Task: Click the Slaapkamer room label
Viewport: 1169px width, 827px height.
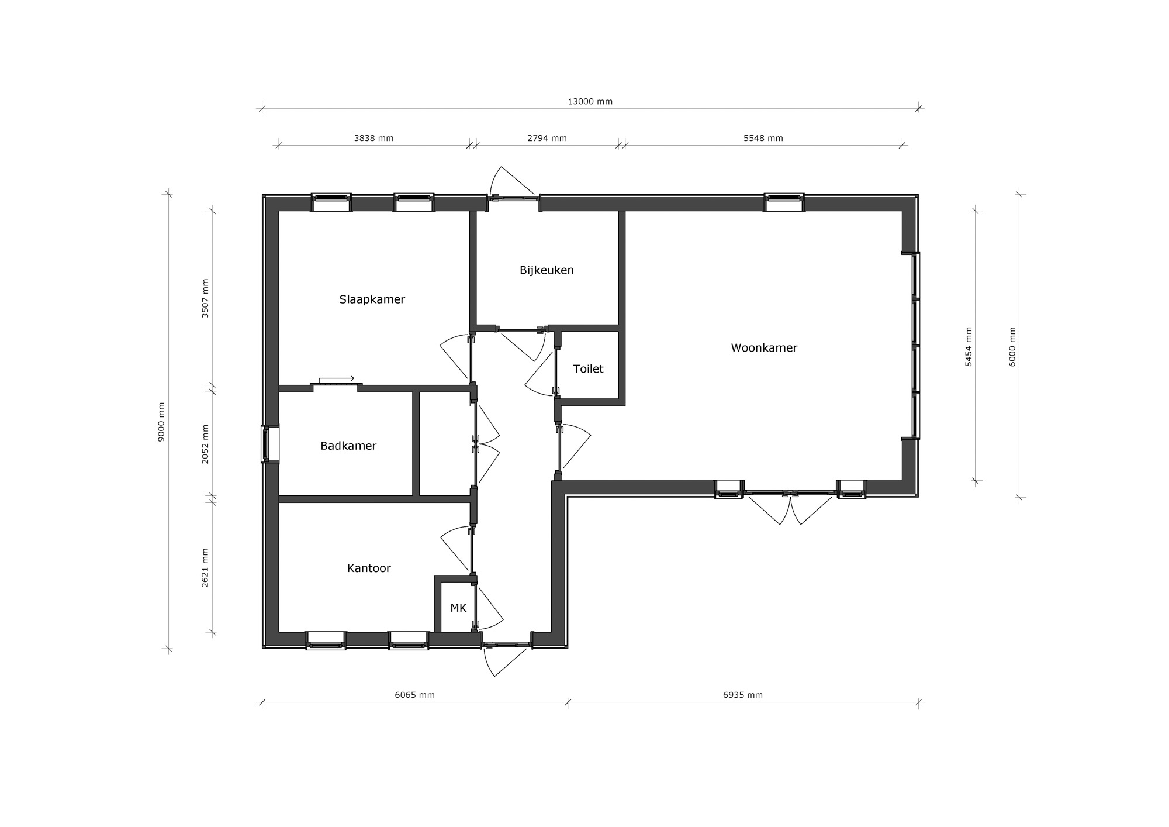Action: [x=372, y=299]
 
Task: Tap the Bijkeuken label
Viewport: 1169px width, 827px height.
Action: [x=547, y=270]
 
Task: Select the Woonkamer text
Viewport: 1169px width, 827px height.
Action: [x=764, y=348]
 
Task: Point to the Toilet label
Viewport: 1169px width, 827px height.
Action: [x=588, y=369]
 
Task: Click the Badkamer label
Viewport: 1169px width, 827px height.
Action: [x=348, y=446]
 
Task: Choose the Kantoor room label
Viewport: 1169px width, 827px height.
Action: [x=369, y=568]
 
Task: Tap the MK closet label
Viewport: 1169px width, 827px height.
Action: [x=458, y=608]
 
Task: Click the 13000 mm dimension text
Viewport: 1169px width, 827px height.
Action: [x=590, y=102]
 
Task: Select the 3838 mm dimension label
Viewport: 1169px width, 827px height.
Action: [x=373, y=139]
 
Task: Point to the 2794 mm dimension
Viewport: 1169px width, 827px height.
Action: [x=547, y=139]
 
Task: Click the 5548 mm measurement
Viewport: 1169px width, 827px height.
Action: [x=763, y=139]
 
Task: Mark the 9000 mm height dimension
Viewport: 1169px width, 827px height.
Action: [x=162, y=422]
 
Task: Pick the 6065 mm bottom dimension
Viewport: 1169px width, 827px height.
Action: [x=414, y=695]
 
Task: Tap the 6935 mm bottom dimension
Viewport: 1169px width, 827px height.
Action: [x=742, y=695]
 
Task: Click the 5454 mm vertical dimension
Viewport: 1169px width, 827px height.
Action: [x=969, y=347]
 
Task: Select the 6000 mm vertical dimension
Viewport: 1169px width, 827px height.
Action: [x=1012, y=347]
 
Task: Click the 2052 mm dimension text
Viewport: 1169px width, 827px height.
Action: [x=205, y=444]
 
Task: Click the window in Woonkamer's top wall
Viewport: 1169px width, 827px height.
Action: [x=784, y=202]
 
